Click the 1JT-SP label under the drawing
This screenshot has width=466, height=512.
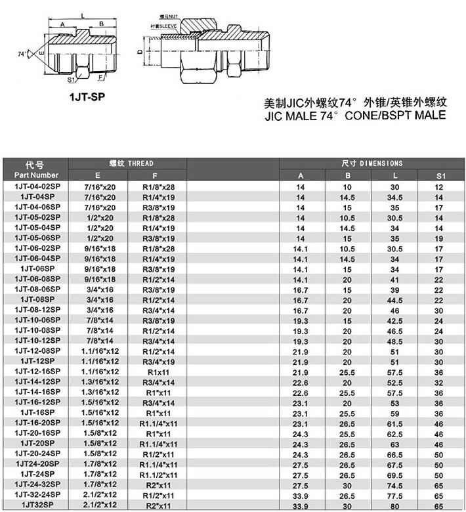click(x=87, y=96)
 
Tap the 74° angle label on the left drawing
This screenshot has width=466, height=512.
click(x=23, y=53)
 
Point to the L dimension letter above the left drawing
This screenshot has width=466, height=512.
click(x=81, y=14)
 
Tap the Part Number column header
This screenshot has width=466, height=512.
click(x=35, y=175)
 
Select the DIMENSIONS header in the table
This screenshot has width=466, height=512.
click(x=372, y=163)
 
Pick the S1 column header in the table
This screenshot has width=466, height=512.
click(x=440, y=175)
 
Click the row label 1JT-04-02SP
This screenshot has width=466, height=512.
click(x=35, y=187)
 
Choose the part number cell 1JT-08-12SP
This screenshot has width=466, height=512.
click(x=35, y=309)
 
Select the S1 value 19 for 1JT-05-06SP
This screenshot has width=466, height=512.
click(x=440, y=238)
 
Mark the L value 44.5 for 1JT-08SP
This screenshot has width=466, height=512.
click(x=394, y=299)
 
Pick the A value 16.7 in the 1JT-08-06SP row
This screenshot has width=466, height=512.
click(x=301, y=289)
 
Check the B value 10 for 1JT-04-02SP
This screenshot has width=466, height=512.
click(x=348, y=187)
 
